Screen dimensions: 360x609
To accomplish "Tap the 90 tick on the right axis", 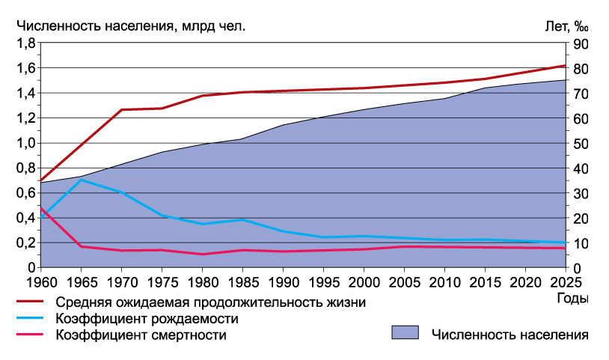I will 581,43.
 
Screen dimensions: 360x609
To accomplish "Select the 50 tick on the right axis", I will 581,143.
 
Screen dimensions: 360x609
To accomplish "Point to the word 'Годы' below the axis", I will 572,299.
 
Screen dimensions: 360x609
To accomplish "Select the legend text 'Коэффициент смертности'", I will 141,335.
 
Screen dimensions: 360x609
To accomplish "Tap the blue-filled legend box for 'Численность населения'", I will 404,333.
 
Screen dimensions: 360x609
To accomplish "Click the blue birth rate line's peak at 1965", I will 80,180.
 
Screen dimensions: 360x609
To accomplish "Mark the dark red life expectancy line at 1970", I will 121,110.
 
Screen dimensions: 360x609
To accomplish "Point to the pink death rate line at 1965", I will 80,246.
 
